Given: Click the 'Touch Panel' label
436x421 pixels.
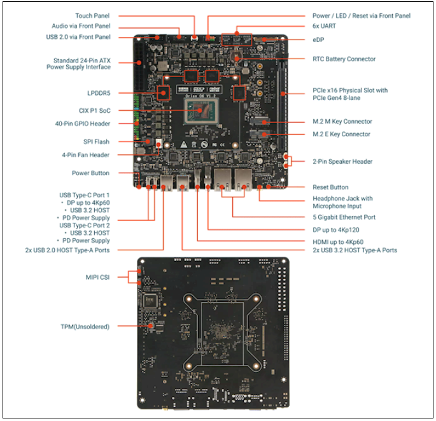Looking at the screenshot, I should (x=92, y=15).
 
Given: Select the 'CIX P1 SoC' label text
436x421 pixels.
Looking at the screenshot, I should (x=92, y=110).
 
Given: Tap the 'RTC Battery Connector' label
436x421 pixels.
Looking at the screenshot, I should (x=344, y=59).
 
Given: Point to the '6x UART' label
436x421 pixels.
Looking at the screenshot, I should (x=325, y=26).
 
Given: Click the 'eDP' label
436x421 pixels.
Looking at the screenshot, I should (x=318, y=39).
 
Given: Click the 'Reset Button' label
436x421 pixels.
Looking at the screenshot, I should (x=330, y=187).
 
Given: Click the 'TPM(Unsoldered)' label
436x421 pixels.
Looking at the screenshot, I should (x=85, y=327).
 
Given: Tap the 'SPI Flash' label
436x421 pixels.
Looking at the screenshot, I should (x=96, y=142).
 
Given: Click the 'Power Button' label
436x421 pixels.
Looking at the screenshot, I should (x=90, y=173).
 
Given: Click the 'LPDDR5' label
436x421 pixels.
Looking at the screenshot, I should (x=98, y=93).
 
